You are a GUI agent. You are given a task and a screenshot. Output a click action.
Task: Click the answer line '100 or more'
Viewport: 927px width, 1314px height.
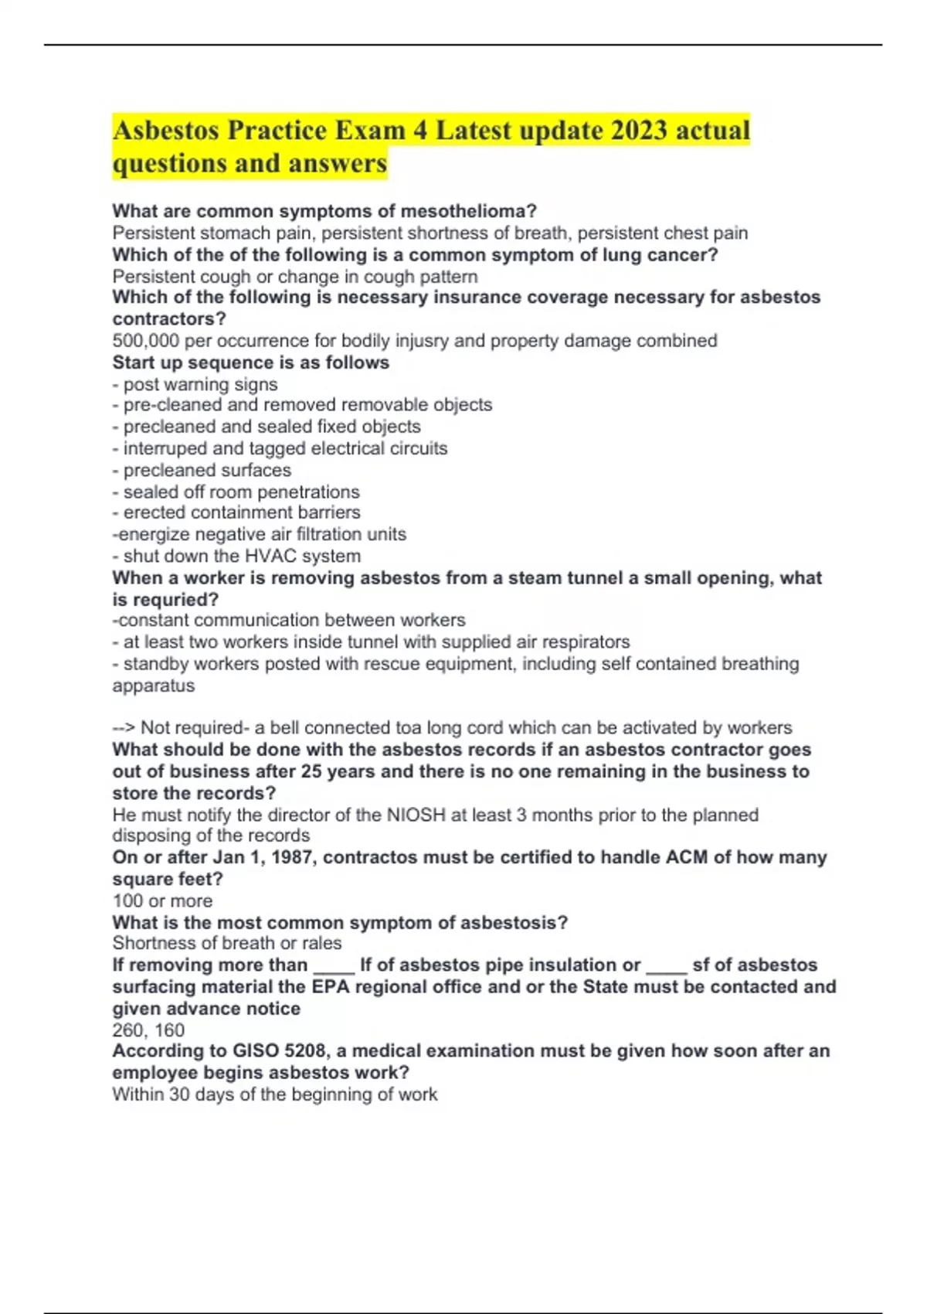click(162, 900)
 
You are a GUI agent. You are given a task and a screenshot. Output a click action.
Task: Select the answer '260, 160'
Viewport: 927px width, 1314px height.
click(148, 1030)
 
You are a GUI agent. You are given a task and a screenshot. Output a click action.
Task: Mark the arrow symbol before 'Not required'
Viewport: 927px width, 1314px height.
click(124, 727)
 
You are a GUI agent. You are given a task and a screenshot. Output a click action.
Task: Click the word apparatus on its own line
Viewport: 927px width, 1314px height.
click(154, 686)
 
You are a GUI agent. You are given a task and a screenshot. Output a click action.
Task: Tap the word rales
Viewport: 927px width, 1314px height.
click(321, 943)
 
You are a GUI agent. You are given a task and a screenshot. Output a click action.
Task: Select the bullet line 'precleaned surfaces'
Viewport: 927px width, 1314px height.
click(202, 470)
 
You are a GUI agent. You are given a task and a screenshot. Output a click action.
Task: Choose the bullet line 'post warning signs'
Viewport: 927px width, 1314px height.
click(195, 384)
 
